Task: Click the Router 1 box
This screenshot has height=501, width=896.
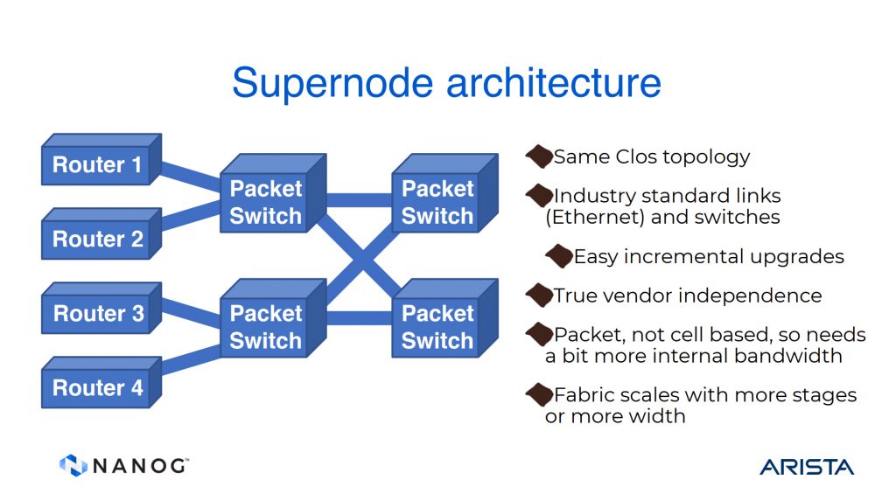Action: tap(101, 159)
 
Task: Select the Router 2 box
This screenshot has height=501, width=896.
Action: tap(101, 233)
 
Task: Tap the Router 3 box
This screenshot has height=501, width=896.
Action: tap(101, 308)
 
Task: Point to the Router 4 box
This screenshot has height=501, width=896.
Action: tap(101, 382)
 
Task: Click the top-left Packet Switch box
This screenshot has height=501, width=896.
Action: tap(273, 193)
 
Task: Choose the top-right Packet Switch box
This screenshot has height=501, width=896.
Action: tap(445, 193)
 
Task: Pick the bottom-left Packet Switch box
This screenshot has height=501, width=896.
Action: tap(273, 318)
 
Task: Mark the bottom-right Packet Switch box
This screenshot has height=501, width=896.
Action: tap(445, 318)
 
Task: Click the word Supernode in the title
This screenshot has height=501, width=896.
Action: tap(332, 83)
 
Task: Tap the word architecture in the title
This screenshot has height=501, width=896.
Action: tap(553, 82)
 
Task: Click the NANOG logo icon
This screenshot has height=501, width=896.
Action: tap(73, 465)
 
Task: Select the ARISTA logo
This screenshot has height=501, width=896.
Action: tap(806, 467)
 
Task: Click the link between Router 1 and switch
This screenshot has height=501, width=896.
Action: tap(191, 177)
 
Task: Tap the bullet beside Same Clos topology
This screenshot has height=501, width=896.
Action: tap(539, 157)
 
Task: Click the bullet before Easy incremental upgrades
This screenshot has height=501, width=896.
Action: tap(559, 256)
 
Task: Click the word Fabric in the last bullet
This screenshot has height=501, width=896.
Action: tap(584, 394)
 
